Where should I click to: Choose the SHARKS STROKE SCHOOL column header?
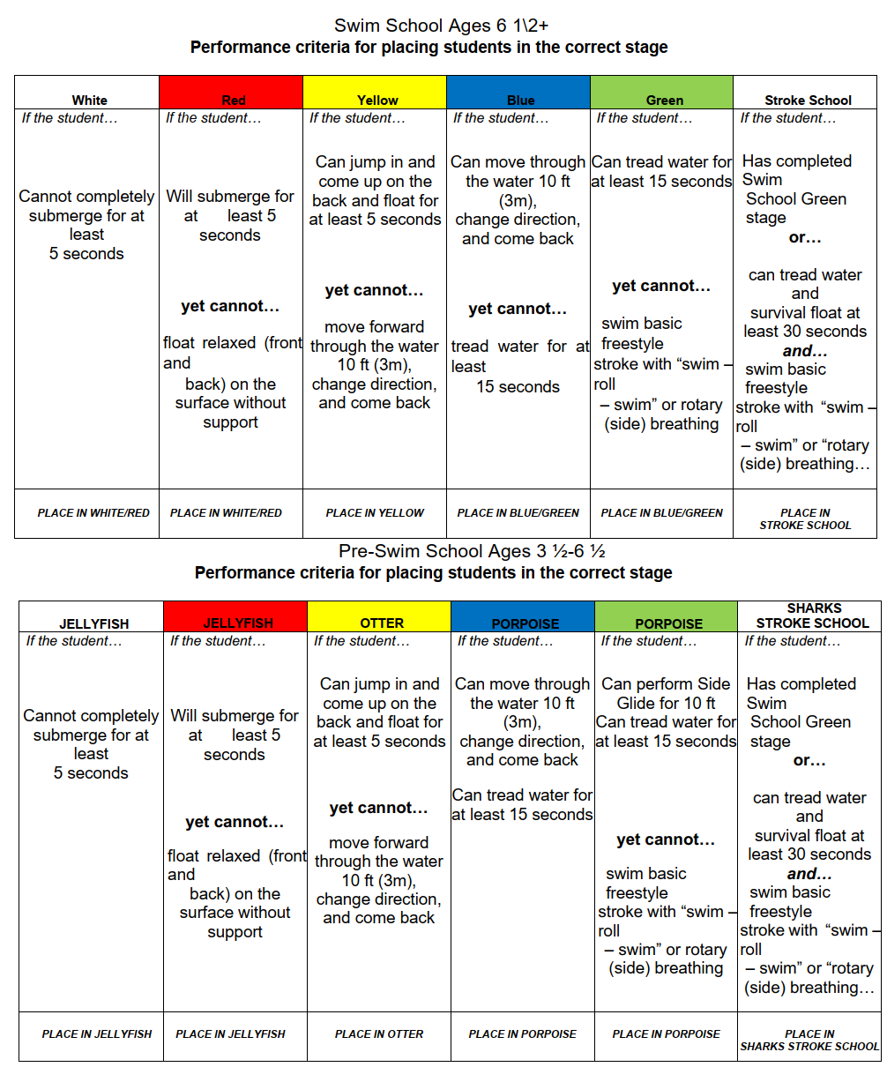[x=811, y=616]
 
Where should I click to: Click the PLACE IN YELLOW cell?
[x=375, y=512]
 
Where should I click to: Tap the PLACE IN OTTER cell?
[x=379, y=1033]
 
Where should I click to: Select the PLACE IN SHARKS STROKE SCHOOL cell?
[x=809, y=1040]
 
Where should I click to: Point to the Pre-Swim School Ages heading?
[x=472, y=551]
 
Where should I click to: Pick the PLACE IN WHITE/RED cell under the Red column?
[x=226, y=512]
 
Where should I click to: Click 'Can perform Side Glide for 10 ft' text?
[x=666, y=693]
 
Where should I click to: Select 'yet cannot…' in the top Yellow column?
[x=374, y=290]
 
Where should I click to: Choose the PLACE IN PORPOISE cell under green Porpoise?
[x=666, y=1033]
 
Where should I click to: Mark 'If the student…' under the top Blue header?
[x=501, y=118]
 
